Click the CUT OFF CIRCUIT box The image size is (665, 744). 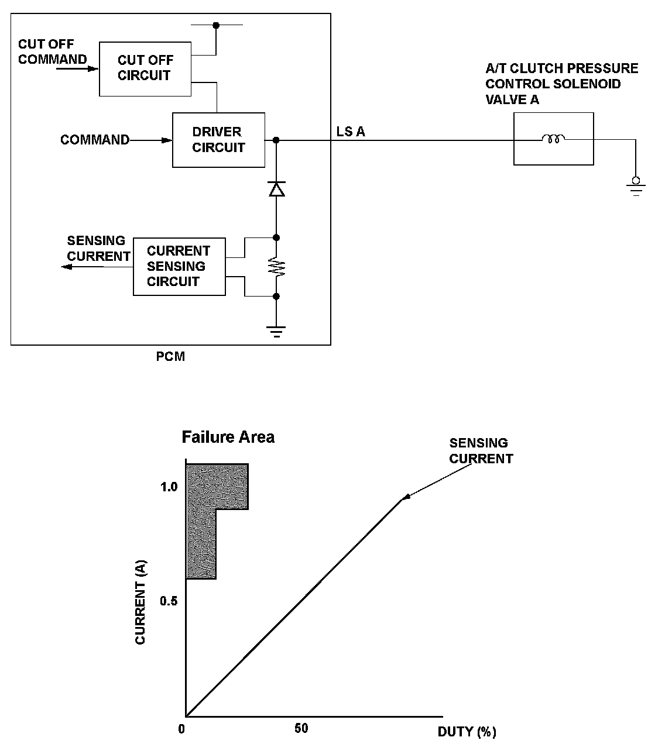point(145,68)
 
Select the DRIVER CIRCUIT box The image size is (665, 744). point(218,140)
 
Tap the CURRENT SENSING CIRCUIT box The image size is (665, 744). point(179,266)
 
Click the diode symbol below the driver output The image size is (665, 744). point(276,188)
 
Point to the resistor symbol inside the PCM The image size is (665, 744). point(276,267)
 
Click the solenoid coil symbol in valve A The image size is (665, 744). point(553,139)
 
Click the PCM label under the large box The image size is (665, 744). point(170,356)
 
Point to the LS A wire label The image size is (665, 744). point(351,132)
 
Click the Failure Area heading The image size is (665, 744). point(228,437)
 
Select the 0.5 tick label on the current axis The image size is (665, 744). point(169,601)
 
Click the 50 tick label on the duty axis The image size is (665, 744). point(301,728)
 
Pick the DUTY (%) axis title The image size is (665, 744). point(467,732)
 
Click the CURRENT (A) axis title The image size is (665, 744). point(140,602)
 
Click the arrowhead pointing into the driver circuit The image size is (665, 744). point(167,140)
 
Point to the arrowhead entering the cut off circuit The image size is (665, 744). point(94,68)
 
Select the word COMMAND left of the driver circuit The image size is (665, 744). point(94,140)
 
